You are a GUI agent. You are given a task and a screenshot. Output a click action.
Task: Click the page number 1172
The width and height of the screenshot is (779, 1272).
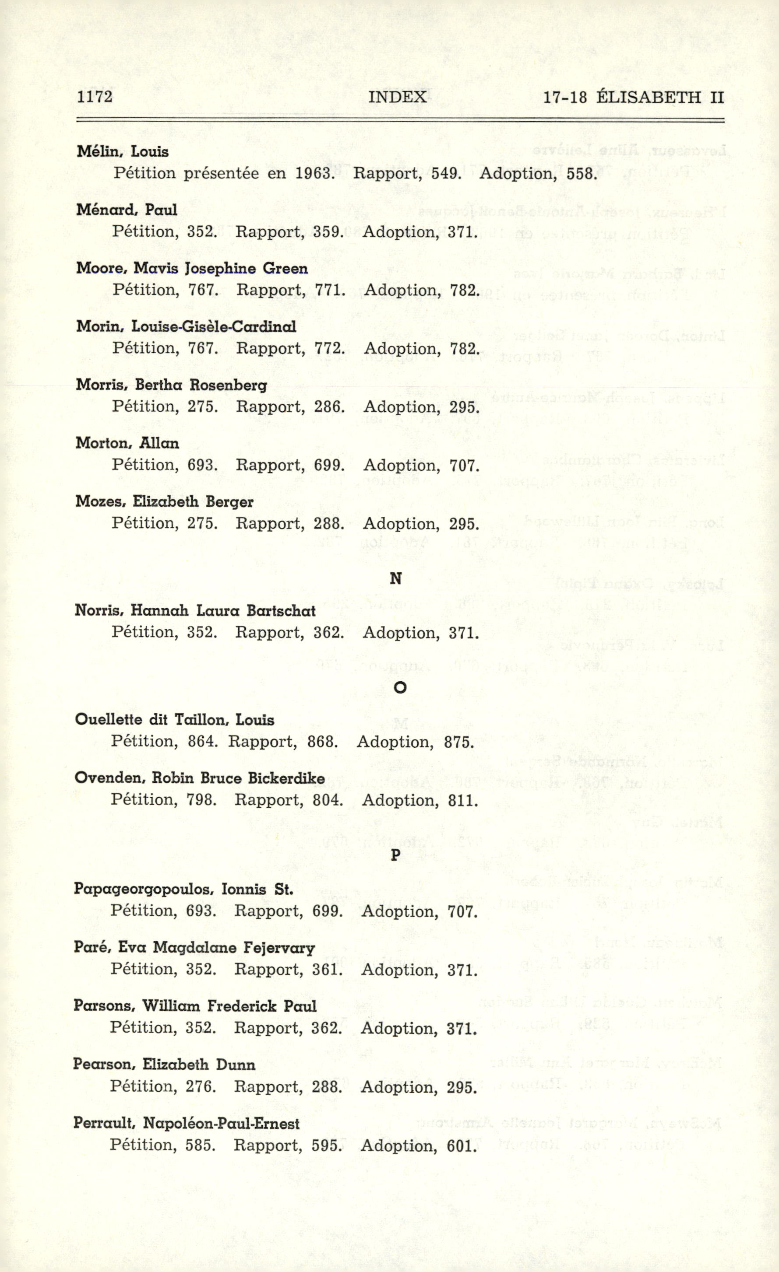click(95, 97)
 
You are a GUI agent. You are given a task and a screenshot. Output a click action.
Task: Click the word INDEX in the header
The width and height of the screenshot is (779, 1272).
click(398, 97)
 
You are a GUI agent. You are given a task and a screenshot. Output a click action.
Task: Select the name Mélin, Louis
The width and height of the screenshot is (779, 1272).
click(123, 152)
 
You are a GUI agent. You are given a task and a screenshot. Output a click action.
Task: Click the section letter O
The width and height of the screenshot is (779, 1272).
click(399, 687)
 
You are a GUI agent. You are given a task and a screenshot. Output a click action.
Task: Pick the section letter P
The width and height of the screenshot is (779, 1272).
click(395, 855)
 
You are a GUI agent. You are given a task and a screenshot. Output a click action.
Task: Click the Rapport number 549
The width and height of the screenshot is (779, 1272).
click(446, 173)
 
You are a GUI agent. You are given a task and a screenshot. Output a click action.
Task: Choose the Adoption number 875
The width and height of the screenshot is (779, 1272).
click(458, 743)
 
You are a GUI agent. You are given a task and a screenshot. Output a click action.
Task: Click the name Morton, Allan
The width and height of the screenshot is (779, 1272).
click(127, 443)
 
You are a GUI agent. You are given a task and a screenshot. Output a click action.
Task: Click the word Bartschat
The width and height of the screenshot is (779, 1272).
click(281, 611)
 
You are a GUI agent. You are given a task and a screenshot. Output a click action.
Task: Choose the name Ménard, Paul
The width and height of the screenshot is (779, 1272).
click(127, 210)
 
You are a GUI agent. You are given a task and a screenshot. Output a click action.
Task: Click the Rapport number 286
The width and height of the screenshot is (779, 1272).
click(329, 407)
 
